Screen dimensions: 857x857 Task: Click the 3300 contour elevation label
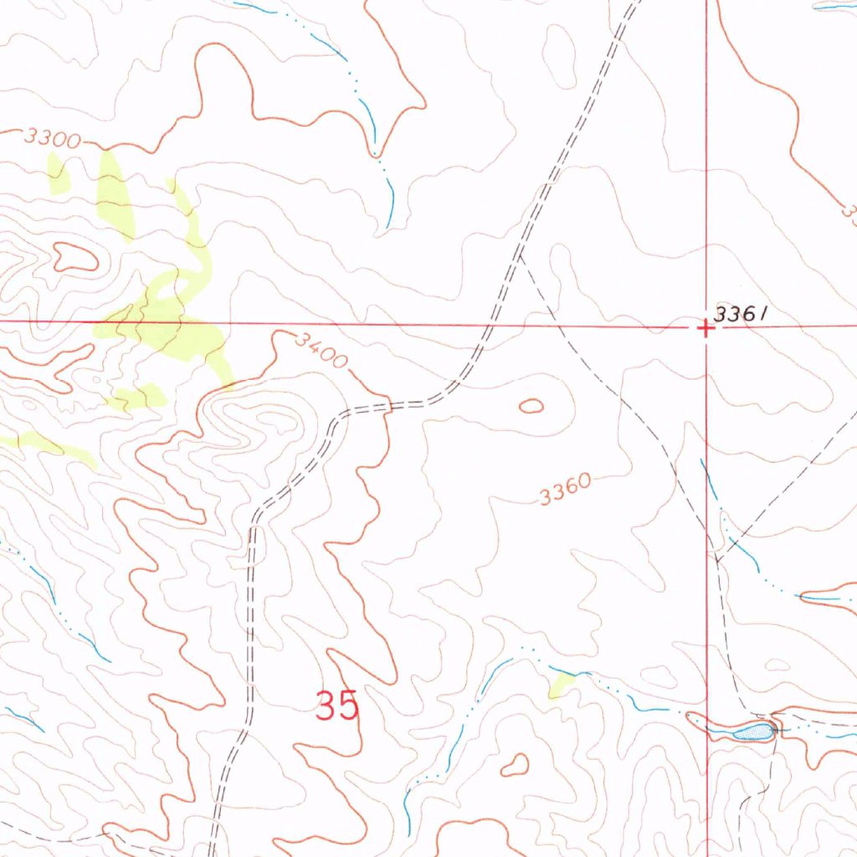click(52, 138)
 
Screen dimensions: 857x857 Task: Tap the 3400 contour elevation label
click(321, 350)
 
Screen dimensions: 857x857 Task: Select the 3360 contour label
click(566, 491)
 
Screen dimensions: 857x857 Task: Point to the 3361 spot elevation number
click(740, 314)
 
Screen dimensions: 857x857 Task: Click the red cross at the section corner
click(706, 328)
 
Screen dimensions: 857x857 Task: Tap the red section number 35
click(337, 706)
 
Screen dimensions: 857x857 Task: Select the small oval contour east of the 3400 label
click(531, 407)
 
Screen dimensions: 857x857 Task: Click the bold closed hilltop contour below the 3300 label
click(75, 257)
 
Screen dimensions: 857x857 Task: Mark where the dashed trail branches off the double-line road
click(520, 256)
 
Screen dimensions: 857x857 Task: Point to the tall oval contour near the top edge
click(559, 55)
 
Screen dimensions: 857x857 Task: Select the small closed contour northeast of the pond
click(777, 665)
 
